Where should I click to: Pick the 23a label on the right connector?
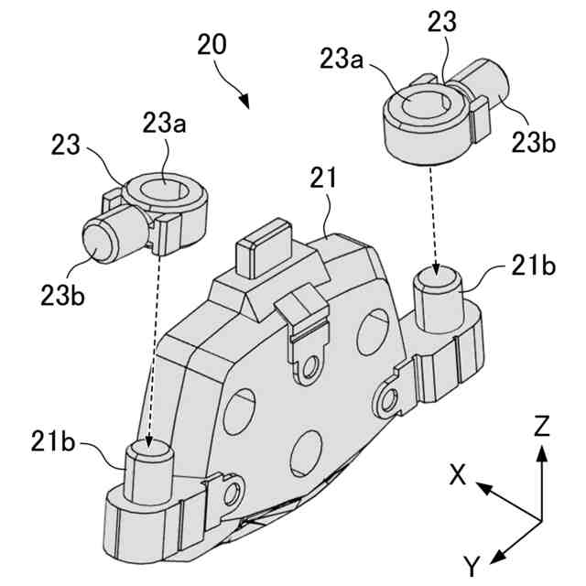[341, 60]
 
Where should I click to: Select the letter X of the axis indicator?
[458, 473]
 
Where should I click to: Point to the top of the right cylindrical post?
[439, 277]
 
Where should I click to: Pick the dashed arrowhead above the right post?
[436, 268]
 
